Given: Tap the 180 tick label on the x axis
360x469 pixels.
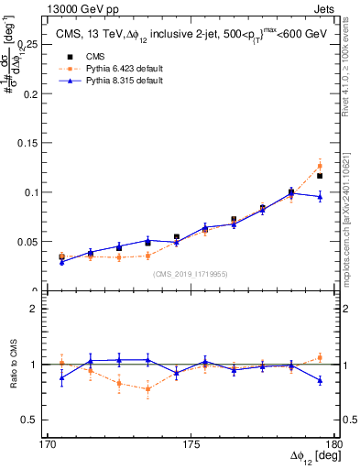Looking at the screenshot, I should pos(332,444).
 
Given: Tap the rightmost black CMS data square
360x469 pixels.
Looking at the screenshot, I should pos(320,176).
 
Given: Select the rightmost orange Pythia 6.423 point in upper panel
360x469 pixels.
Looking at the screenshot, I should pos(320,166).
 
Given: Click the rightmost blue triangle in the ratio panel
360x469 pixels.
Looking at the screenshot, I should pos(320,380).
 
